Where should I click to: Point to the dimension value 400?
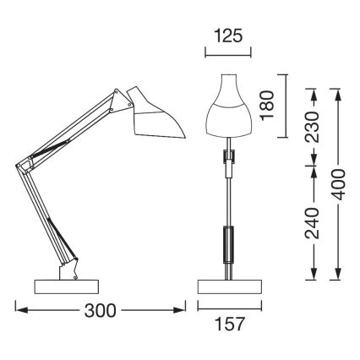[x=339, y=180]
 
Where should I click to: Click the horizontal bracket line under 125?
[x=228, y=52]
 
